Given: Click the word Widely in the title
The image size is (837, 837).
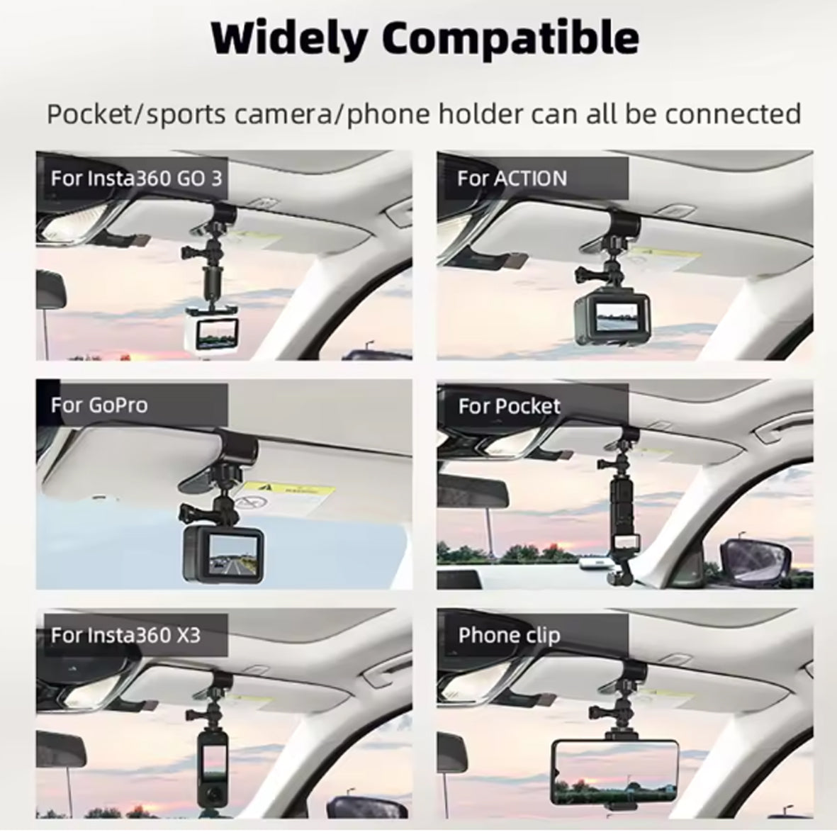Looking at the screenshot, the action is click(288, 39).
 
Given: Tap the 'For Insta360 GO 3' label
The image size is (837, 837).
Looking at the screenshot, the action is click(136, 179).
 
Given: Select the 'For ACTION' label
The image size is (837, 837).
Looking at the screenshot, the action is click(512, 179).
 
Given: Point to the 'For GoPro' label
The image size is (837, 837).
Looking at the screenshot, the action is click(99, 405).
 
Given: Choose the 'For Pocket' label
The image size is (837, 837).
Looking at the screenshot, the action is click(510, 406).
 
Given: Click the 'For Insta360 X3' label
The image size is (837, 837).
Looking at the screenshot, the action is click(125, 635).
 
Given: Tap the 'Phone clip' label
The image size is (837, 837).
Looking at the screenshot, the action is click(510, 635).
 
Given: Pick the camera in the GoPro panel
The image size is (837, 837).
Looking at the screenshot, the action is click(224, 555).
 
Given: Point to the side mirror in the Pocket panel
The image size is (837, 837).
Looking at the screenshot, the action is click(753, 563).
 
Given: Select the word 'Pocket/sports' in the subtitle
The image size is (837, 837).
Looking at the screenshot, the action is click(136, 114).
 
